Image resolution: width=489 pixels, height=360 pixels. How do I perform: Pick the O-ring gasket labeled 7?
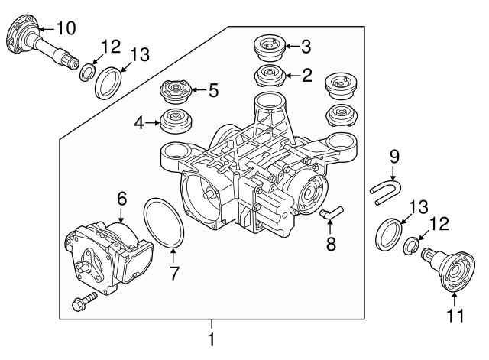click(162, 222)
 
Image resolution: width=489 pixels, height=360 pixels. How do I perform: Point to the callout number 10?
click(66, 29)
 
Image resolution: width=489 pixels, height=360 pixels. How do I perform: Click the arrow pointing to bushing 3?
click(293, 47)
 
